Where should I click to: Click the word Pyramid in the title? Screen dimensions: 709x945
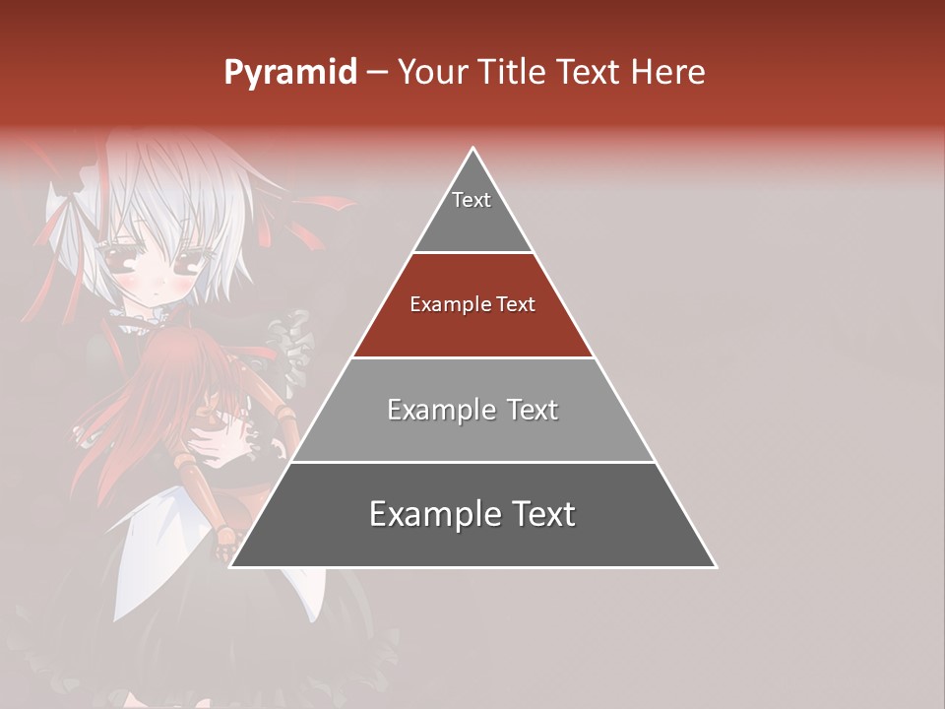pyautogui.click(x=289, y=73)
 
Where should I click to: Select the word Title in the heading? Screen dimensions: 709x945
pyautogui.click(x=514, y=73)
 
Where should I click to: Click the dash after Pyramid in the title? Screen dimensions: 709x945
pyautogui.click(x=377, y=73)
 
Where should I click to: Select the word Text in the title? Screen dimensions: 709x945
pyautogui.click(x=592, y=73)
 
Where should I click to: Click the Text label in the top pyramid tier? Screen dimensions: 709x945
pyautogui.click(x=472, y=200)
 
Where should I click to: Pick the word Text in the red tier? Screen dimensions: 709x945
pyautogui.click(x=516, y=305)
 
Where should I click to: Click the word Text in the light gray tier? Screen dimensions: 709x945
pyautogui.click(x=533, y=410)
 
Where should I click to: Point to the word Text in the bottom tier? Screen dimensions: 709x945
pyautogui.click(x=542, y=514)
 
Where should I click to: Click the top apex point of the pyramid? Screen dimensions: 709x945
pyautogui.click(x=473, y=149)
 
